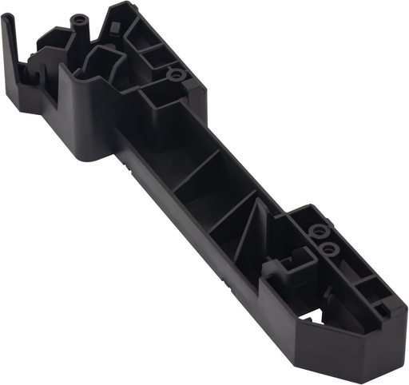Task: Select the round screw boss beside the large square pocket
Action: coord(173,76)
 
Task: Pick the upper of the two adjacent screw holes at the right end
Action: coord(319,232)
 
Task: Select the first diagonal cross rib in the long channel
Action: coord(196,172)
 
